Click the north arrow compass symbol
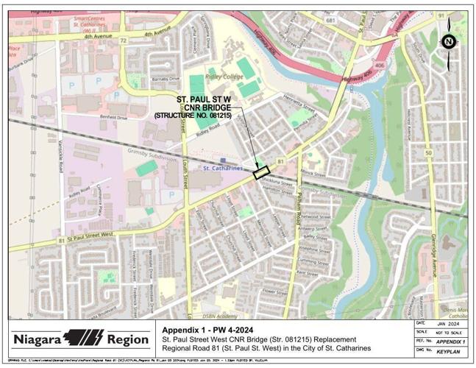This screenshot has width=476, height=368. click(x=448, y=42)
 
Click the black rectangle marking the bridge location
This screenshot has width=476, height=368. click(x=261, y=173)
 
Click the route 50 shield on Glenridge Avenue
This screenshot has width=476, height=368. click(x=428, y=153)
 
